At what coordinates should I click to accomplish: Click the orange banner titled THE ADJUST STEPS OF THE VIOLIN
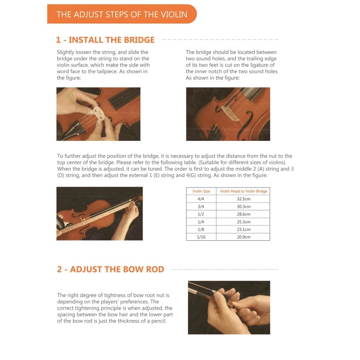(122, 14)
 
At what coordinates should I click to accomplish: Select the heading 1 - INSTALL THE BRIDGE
(105, 40)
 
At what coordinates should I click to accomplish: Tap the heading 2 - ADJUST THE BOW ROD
(110, 269)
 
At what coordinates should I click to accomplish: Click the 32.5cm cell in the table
(243, 199)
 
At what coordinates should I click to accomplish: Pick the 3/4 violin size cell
(201, 207)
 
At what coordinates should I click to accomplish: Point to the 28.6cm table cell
(243, 214)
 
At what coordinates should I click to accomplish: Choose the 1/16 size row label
(201, 237)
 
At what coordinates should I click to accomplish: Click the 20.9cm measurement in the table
(243, 237)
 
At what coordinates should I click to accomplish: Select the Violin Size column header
(201, 191)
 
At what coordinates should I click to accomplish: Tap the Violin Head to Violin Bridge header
(243, 191)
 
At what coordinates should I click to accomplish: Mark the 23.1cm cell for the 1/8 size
(243, 229)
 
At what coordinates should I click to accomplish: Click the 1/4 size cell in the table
(201, 221)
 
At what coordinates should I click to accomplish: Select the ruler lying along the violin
(96, 217)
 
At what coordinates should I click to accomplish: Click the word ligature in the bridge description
(258, 65)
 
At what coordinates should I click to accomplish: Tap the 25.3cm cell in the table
(243, 221)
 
